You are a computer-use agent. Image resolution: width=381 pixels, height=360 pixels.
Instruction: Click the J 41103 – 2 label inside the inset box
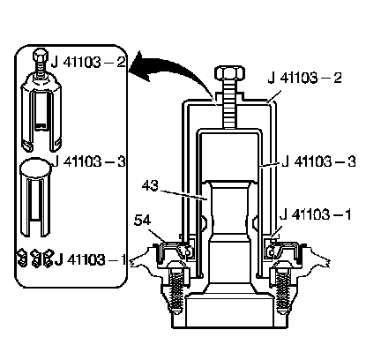click(x=88, y=63)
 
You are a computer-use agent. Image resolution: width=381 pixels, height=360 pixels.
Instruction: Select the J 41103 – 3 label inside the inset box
click(x=90, y=161)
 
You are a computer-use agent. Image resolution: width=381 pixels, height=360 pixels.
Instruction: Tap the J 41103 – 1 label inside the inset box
click(x=90, y=259)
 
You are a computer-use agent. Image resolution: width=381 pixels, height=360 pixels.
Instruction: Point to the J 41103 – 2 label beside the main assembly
click(x=305, y=78)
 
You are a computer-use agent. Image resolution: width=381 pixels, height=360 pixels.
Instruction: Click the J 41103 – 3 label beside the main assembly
click(x=318, y=161)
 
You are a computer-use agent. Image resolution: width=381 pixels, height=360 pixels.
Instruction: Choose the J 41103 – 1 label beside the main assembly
click(x=316, y=214)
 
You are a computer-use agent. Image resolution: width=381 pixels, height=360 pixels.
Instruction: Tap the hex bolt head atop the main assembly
click(x=229, y=73)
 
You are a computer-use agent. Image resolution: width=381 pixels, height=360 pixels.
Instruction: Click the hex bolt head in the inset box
click(x=40, y=55)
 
